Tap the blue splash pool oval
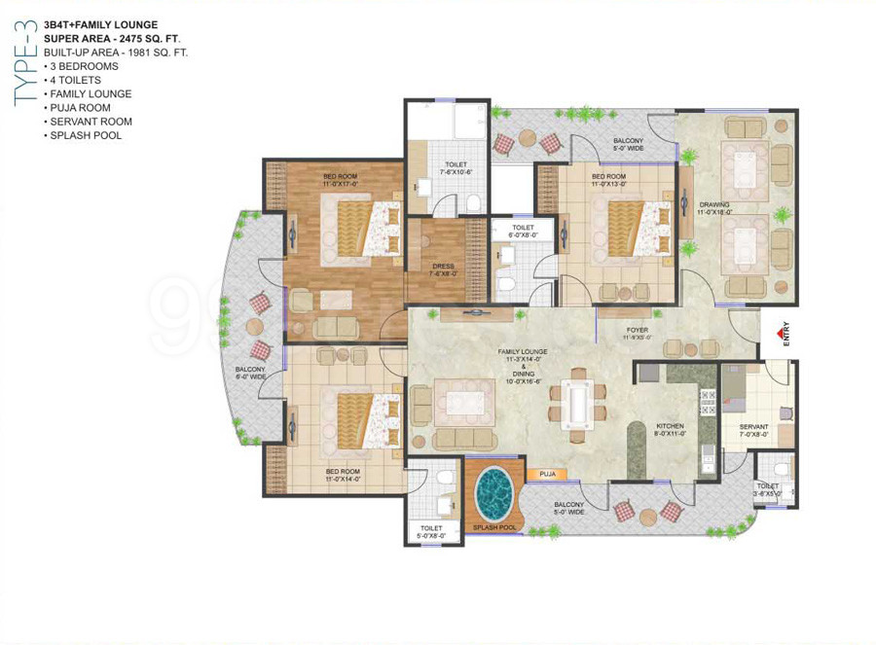495,492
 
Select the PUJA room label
547,474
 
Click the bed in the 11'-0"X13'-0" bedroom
633,228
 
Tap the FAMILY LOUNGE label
523,352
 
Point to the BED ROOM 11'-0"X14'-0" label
344,474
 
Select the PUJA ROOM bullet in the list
81,108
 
